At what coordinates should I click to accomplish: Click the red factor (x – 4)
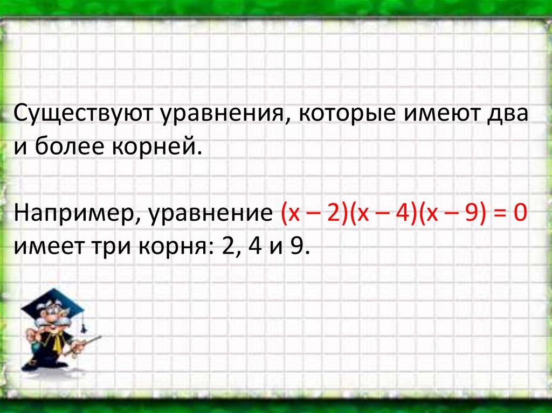pos(384,213)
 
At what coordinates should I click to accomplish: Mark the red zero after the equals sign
pos(520,213)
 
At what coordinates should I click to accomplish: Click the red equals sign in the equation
pos(500,213)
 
